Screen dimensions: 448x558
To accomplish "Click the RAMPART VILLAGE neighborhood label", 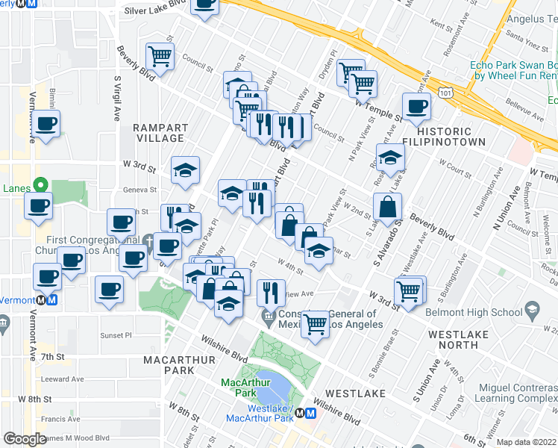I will (158, 133).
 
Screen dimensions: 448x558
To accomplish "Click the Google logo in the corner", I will (25, 438).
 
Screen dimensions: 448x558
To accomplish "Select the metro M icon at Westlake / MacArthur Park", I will (308, 413).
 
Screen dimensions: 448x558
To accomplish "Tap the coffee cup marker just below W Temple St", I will (416, 107).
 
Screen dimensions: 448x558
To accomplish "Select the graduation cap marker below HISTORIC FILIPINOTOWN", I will (389, 158).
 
